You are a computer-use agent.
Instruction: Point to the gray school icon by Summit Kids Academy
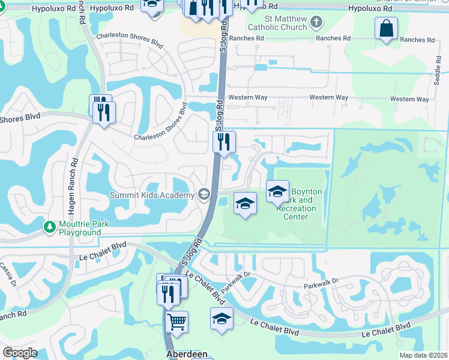pyautogui.click(x=204, y=194)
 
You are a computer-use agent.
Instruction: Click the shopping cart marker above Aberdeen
pyautogui.click(x=177, y=322)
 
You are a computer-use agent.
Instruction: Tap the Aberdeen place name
pyautogui.click(x=187, y=354)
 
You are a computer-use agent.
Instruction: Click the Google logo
pyautogui.click(x=20, y=353)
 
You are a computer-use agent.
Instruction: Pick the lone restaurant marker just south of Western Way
pyautogui.click(x=224, y=142)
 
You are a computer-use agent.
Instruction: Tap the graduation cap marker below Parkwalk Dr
pyautogui.click(x=221, y=318)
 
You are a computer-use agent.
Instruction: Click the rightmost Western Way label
pyautogui.click(x=410, y=99)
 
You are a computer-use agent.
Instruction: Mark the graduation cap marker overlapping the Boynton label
pyautogui.click(x=277, y=192)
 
